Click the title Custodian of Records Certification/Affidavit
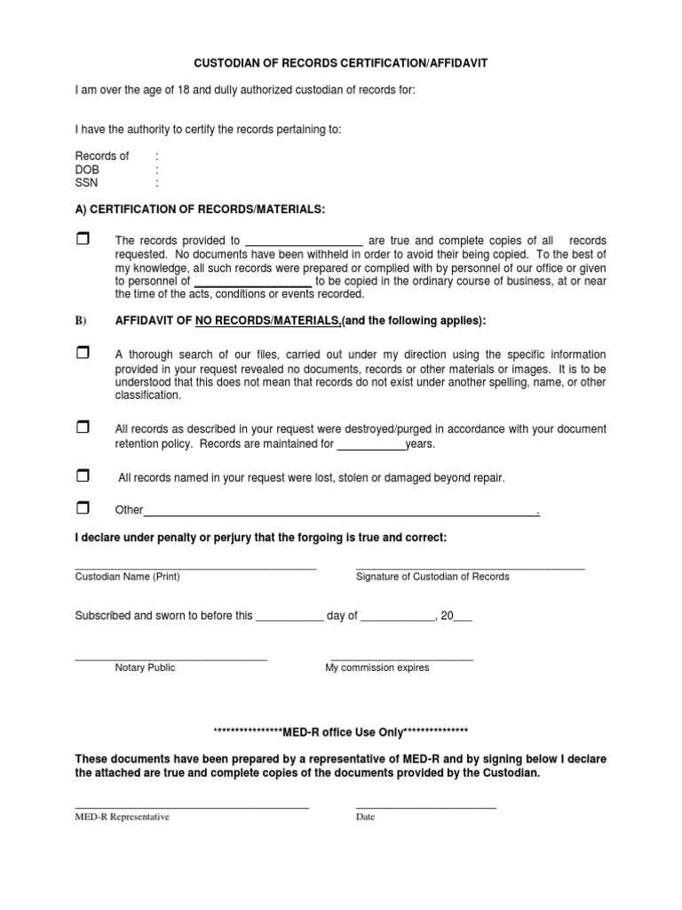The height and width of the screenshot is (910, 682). pyautogui.click(x=341, y=64)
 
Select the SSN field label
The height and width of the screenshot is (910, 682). pyautogui.click(x=85, y=183)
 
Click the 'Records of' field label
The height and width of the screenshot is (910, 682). pyautogui.click(x=101, y=156)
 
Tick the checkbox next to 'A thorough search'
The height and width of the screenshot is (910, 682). pyautogui.click(x=83, y=354)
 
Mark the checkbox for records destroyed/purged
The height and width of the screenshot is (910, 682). pyautogui.click(x=83, y=428)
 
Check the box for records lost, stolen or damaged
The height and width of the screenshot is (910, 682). pyautogui.click(x=83, y=476)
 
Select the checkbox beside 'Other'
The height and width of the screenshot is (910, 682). pyautogui.click(x=83, y=508)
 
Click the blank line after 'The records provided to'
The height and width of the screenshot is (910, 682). pyautogui.click(x=303, y=242)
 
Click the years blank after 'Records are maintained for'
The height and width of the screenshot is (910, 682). pyautogui.click(x=371, y=444)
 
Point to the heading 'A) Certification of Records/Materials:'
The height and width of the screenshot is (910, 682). pyautogui.click(x=200, y=209)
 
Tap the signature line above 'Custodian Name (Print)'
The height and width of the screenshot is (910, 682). pyautogui.click(x=195, y=567)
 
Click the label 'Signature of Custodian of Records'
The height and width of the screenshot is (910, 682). pyautogui.click(x=432, y=577)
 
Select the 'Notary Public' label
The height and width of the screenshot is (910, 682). pyautogui.click(x=145, y=668)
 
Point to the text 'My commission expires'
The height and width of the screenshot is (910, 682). pyautogui.click(x=377, y=668)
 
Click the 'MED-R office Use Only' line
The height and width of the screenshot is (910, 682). pyautogui.click(x=341, y=731)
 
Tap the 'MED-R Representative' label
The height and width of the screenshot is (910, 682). pyautogui.click(x=122, y=818)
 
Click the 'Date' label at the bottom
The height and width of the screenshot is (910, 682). pyautogui.click(x=365, y=818)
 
